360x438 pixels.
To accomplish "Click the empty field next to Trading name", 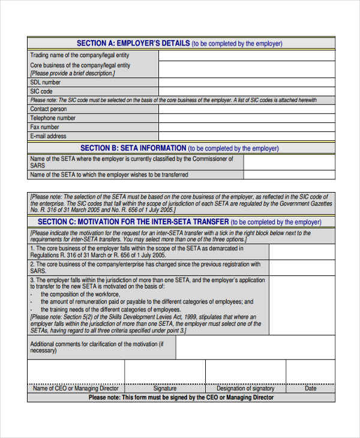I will (247, 55).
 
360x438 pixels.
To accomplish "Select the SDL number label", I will (46, 82).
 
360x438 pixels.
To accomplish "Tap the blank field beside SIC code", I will (247, 91).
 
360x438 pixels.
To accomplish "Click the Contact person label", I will (49, 109).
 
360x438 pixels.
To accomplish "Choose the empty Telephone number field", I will (247, 118).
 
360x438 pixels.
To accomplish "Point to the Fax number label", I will (45, 127).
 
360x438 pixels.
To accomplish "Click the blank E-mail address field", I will (247, 136).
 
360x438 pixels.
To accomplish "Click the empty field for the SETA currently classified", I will (289, 162).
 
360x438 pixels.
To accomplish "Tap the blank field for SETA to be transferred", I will (289, 175).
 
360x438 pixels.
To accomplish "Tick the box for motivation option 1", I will (302, 251).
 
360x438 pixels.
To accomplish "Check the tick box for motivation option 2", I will (302, 268).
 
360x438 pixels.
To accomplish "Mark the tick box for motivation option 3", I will (302, 305).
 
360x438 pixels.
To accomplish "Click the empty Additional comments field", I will (255, 347).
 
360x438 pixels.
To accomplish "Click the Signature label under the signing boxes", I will (164, 389).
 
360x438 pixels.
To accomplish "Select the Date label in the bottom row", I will (310, 389).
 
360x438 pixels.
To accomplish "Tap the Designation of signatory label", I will (245, 389).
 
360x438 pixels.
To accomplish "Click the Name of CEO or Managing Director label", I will (76, 389).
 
